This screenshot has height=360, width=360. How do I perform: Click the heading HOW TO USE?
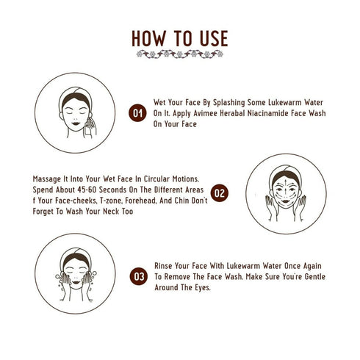180,38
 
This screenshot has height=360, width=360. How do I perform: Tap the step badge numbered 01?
137,114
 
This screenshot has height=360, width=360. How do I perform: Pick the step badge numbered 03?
137,277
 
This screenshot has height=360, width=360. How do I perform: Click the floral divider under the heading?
180,55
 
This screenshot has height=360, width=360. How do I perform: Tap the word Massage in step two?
48,178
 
